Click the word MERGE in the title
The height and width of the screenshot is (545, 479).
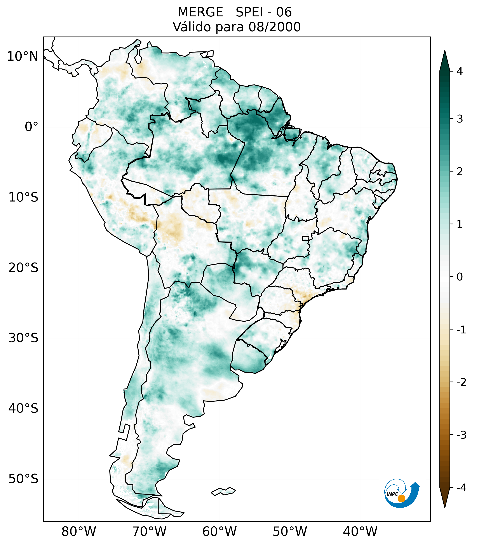(200, 12)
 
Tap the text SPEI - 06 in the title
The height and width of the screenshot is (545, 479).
(263, 12)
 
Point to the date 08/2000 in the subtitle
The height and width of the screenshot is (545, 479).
(274, 27)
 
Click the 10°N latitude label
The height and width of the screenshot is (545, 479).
(23, 56)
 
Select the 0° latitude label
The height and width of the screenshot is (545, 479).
(31, 127)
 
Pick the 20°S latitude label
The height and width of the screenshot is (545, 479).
(23, 268)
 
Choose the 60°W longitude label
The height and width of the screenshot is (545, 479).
(219, 531)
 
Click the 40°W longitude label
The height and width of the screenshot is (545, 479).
(360, 531)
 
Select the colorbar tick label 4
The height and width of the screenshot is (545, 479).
(460, 72)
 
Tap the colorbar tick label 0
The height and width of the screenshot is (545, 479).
(460, 277)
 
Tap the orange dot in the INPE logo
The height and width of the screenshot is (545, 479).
(401, 498)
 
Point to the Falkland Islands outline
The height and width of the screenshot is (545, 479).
(223, 491)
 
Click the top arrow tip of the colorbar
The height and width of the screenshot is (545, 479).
(444, 52)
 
